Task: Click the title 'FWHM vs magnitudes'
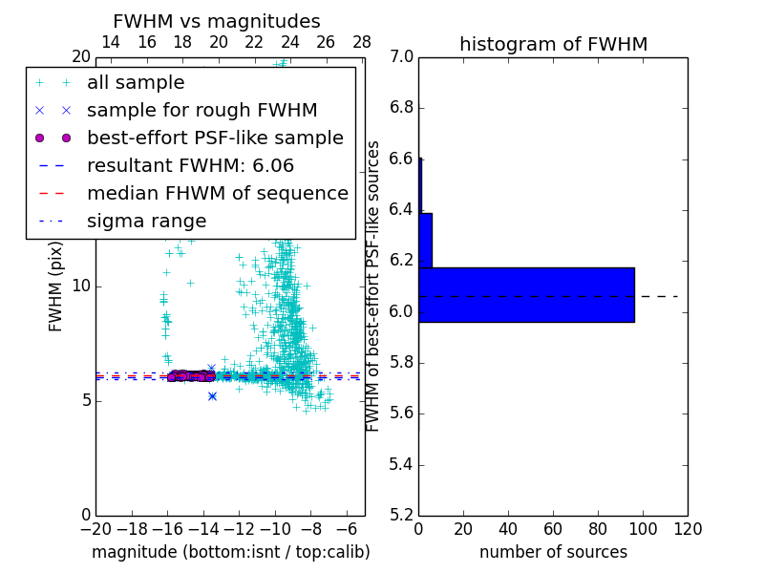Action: click(x=217, y=21)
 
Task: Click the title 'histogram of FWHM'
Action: click(x=553, y=44)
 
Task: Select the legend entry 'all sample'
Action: click(x=136, y=83)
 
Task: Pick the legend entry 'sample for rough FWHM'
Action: click(x=202, y=110)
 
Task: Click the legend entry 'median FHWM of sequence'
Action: click(x=217, y=193)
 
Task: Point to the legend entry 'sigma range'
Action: click(x=146, y=221)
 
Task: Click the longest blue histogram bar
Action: click(x=526, y=294)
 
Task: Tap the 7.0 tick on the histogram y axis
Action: click(x=402, y=57)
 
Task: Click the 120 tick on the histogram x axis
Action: click(x=688, y=528)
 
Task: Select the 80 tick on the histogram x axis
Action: click(x=598, y=528)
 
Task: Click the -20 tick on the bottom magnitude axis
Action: click(x=95, y=528)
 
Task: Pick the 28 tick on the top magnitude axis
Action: click(x=362, y=42)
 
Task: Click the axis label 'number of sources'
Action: click(x=553, y=552)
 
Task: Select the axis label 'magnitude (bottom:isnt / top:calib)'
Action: click(x=230, y=552)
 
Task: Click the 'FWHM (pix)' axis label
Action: click(x=56, y=286)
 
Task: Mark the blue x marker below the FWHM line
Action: click(x=212, y=395)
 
